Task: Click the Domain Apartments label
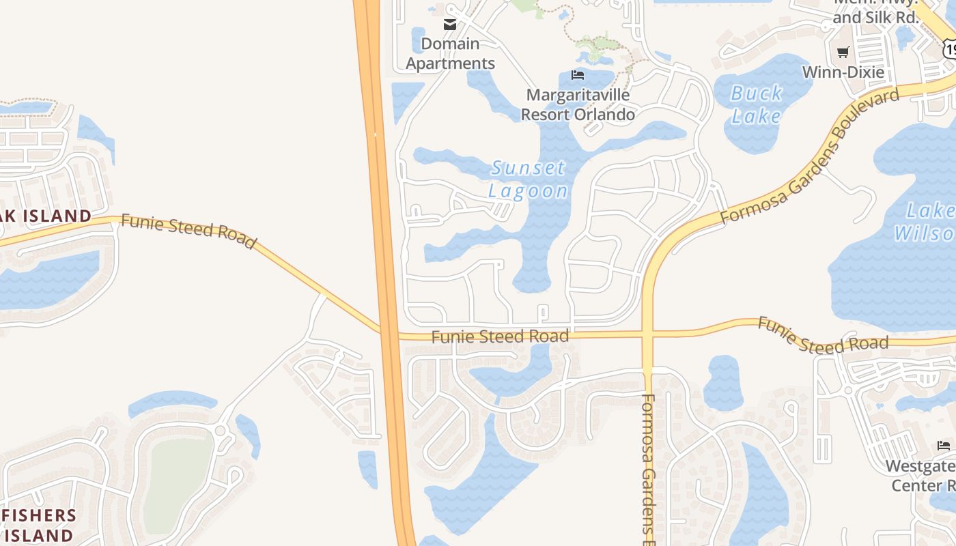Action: tap(450, 53)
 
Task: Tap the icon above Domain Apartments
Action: tap(450, 25)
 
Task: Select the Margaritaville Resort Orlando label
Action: tap(578, 104)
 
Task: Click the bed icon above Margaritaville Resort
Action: tap(578, 74)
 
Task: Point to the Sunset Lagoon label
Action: tap(529, 179)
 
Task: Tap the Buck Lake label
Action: tap(756, 104)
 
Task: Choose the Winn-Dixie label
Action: tap(843, 72)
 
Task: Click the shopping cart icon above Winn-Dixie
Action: tap(843, 52)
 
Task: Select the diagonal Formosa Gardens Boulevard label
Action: tap(810, 156)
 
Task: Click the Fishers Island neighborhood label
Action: tap(38, 525)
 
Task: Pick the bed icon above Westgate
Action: tap(944, 446)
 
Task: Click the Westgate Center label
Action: tap(922, 476)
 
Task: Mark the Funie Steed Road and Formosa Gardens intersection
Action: tap(647, 334)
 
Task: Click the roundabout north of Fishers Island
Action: tap(220, 430)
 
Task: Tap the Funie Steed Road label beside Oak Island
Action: tap(188, 231)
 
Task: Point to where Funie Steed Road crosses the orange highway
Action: tap(388, 334)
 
